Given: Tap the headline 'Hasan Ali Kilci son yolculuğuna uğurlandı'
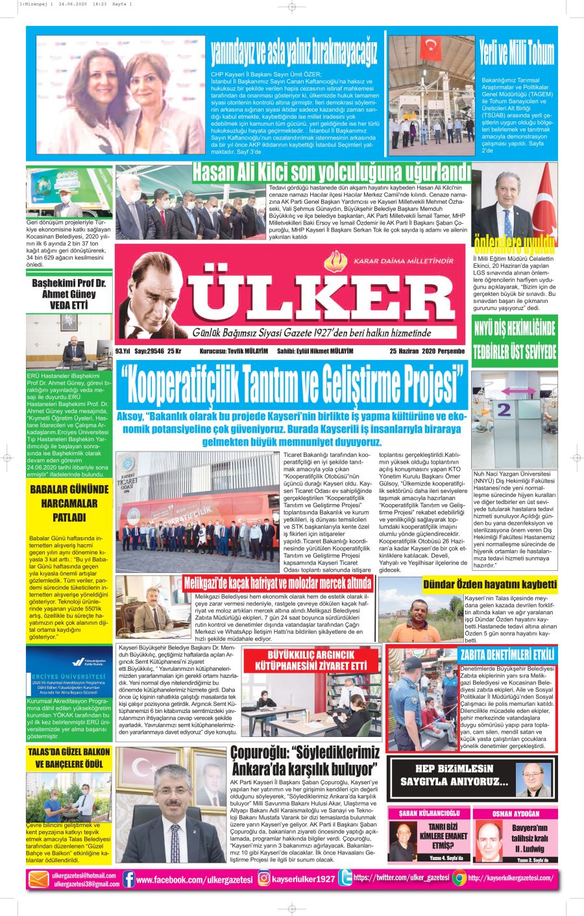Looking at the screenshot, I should (331, 173).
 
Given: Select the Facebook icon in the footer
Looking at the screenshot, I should (128, 879).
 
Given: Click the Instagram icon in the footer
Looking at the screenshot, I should (264, 878).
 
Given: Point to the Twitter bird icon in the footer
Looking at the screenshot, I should (345, 878).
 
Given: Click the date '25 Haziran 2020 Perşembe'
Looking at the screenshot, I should (427, 351).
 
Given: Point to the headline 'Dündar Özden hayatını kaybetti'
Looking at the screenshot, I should (490, 584).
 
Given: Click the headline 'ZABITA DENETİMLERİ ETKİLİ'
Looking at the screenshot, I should (507, 654).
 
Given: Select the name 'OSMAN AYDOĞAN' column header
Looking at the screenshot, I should (515, 814).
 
